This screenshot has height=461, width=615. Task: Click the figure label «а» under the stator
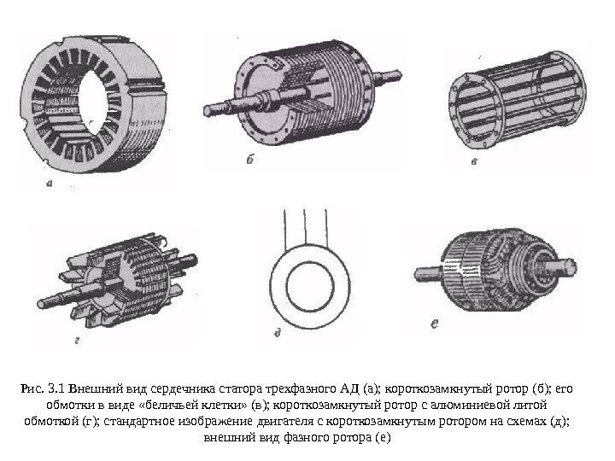pyautogui.click(x=49, y=183)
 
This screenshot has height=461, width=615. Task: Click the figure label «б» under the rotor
pyautogui.click(x=250, y=159)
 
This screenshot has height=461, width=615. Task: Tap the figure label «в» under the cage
pyautogui.click(x=474, y=160)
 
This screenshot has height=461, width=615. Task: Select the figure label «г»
pyautogui.click(x=77, y=341)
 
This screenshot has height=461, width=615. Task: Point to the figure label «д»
pyautogui.click(x=278, y=333)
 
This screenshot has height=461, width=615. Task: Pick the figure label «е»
pyautogui.click(x=434, y=324)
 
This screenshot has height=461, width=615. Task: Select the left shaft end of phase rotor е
pyautogui.click(x=428, y=272)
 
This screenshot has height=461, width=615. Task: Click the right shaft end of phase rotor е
pyautogui.click(x=564, y=267)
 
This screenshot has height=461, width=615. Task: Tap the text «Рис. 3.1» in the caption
pyautogui.click(x=43, y=388)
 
